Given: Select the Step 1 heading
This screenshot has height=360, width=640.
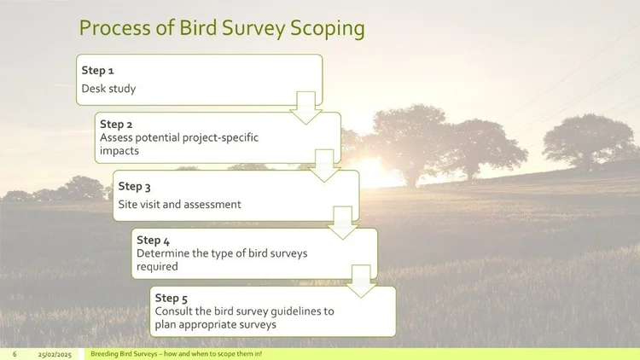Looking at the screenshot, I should [97, 70].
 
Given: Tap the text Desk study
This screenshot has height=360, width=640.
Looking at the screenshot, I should [108, 88].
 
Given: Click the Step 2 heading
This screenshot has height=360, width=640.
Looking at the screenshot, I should [116, 124].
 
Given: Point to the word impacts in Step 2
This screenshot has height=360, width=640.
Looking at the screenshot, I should [119, 150].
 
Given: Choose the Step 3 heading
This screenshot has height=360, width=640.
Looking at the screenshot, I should [135, 186].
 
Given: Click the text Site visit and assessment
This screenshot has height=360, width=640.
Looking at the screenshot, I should [180, 205].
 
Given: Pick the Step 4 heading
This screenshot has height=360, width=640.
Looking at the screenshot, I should [154, 240].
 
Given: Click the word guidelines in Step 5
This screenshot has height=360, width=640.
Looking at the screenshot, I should [291, 311].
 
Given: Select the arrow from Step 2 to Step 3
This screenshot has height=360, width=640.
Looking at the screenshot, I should [323, 165].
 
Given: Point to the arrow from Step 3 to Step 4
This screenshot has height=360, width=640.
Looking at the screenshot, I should [342, 223].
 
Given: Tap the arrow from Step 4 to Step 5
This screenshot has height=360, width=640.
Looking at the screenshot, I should [361, 282].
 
